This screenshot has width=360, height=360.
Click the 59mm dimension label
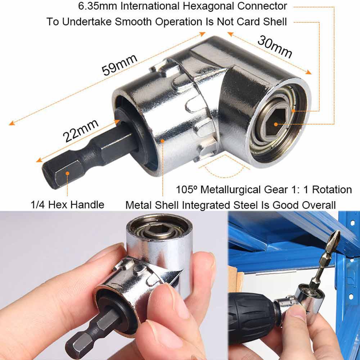pos(120,65)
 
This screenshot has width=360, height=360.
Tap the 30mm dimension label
pos(275,47)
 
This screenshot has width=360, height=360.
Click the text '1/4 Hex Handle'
pos(67,204)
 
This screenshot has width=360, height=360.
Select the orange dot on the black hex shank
pos(67,174)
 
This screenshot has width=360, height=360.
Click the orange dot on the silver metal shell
pos(162,141)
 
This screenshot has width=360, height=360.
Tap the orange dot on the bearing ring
pos(293,111)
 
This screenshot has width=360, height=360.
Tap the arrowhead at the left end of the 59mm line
pos(12,123)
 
